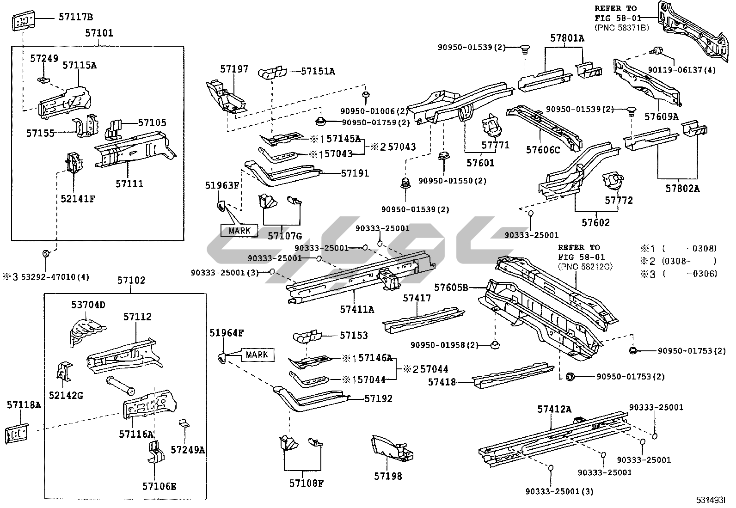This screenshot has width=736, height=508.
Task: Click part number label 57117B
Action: click(x=75, y=18)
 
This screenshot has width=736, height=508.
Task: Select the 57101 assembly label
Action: click(x=99, y=33)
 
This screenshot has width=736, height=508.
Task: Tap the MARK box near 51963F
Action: click(x=239, y=230)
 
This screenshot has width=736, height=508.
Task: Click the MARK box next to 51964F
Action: click(x=257, y=355)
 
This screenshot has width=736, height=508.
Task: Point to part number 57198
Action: click(x=388, y=476)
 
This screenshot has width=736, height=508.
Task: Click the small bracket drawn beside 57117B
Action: click(x=22, y=21)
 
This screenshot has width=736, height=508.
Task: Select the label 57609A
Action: click(x=661, y=116)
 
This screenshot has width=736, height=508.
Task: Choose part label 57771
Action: click(x=495, y=145)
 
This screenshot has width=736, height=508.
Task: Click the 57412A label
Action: click(x=554, y=409)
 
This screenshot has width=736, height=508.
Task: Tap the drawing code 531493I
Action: click(x=711, y=500)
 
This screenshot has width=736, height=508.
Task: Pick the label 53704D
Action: click(x=88, y=305)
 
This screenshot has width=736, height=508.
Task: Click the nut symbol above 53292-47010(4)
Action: click(x=46, y=253)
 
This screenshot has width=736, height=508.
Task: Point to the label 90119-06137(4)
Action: click(x=681, y=70)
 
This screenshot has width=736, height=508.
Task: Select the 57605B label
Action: click(x=451, y=288)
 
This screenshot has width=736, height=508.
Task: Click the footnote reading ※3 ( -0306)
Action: click(x=678, y=274)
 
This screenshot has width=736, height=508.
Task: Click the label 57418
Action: click(x=442, y=382)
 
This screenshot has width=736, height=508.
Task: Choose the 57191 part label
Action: click(x=355, y=173)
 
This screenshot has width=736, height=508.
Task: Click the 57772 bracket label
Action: click(x=619, y=201)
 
